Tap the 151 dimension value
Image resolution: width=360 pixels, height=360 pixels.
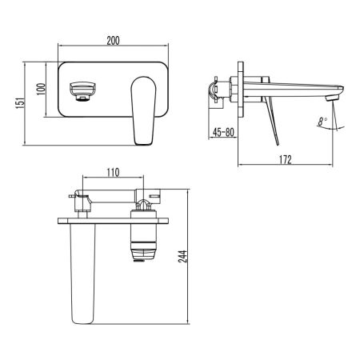click(x=13, y=102)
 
